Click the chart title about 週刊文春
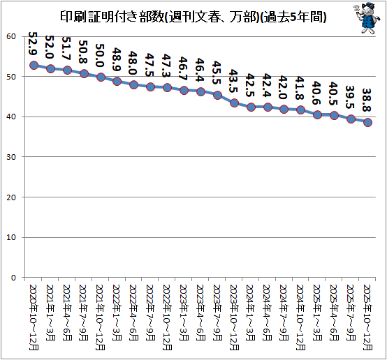[x=193, y=17]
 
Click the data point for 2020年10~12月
[x=34, y=66]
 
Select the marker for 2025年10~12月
[x=367, y=122]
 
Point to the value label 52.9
[x=33, y=44]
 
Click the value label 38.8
[x=367, y=100]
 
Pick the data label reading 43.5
[x=233, y=81]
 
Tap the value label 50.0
[x=100, y=56]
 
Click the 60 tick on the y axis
[x=11, y=36]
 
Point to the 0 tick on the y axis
[x=13, y=278]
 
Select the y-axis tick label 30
[x=11, y=157]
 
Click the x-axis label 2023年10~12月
[x=234, y=317]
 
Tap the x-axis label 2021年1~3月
[x=50, y=313]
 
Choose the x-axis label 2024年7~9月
[x=284, y=313]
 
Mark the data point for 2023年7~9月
[x=217, y=95]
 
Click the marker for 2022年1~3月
[x=117, y=82]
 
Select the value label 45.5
[x=217, y=73]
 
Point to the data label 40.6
[x=317, y=93]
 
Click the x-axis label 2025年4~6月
[x=334, y=313]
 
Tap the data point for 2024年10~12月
[x=301, y=110]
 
